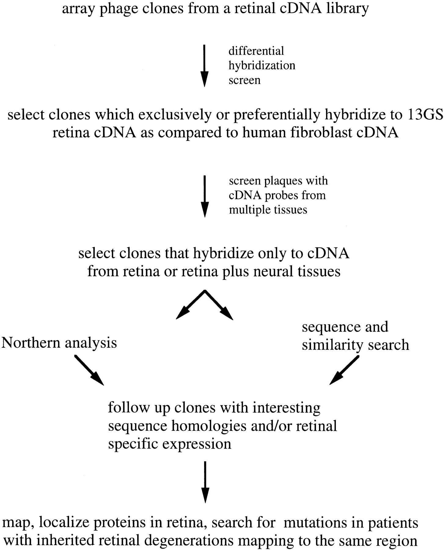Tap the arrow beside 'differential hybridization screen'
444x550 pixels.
tap(204, 65)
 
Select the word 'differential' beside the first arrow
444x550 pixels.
tap(256, 51)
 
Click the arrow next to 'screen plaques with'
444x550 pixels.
tap(204, 196)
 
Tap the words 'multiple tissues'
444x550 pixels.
tap(268, 210)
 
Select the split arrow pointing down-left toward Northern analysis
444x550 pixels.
tap(190, 305)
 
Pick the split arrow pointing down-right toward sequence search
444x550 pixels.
tap(219, 305)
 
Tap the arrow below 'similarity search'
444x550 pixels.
tap(344, 370)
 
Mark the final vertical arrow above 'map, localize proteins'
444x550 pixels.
tap(205, 482)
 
